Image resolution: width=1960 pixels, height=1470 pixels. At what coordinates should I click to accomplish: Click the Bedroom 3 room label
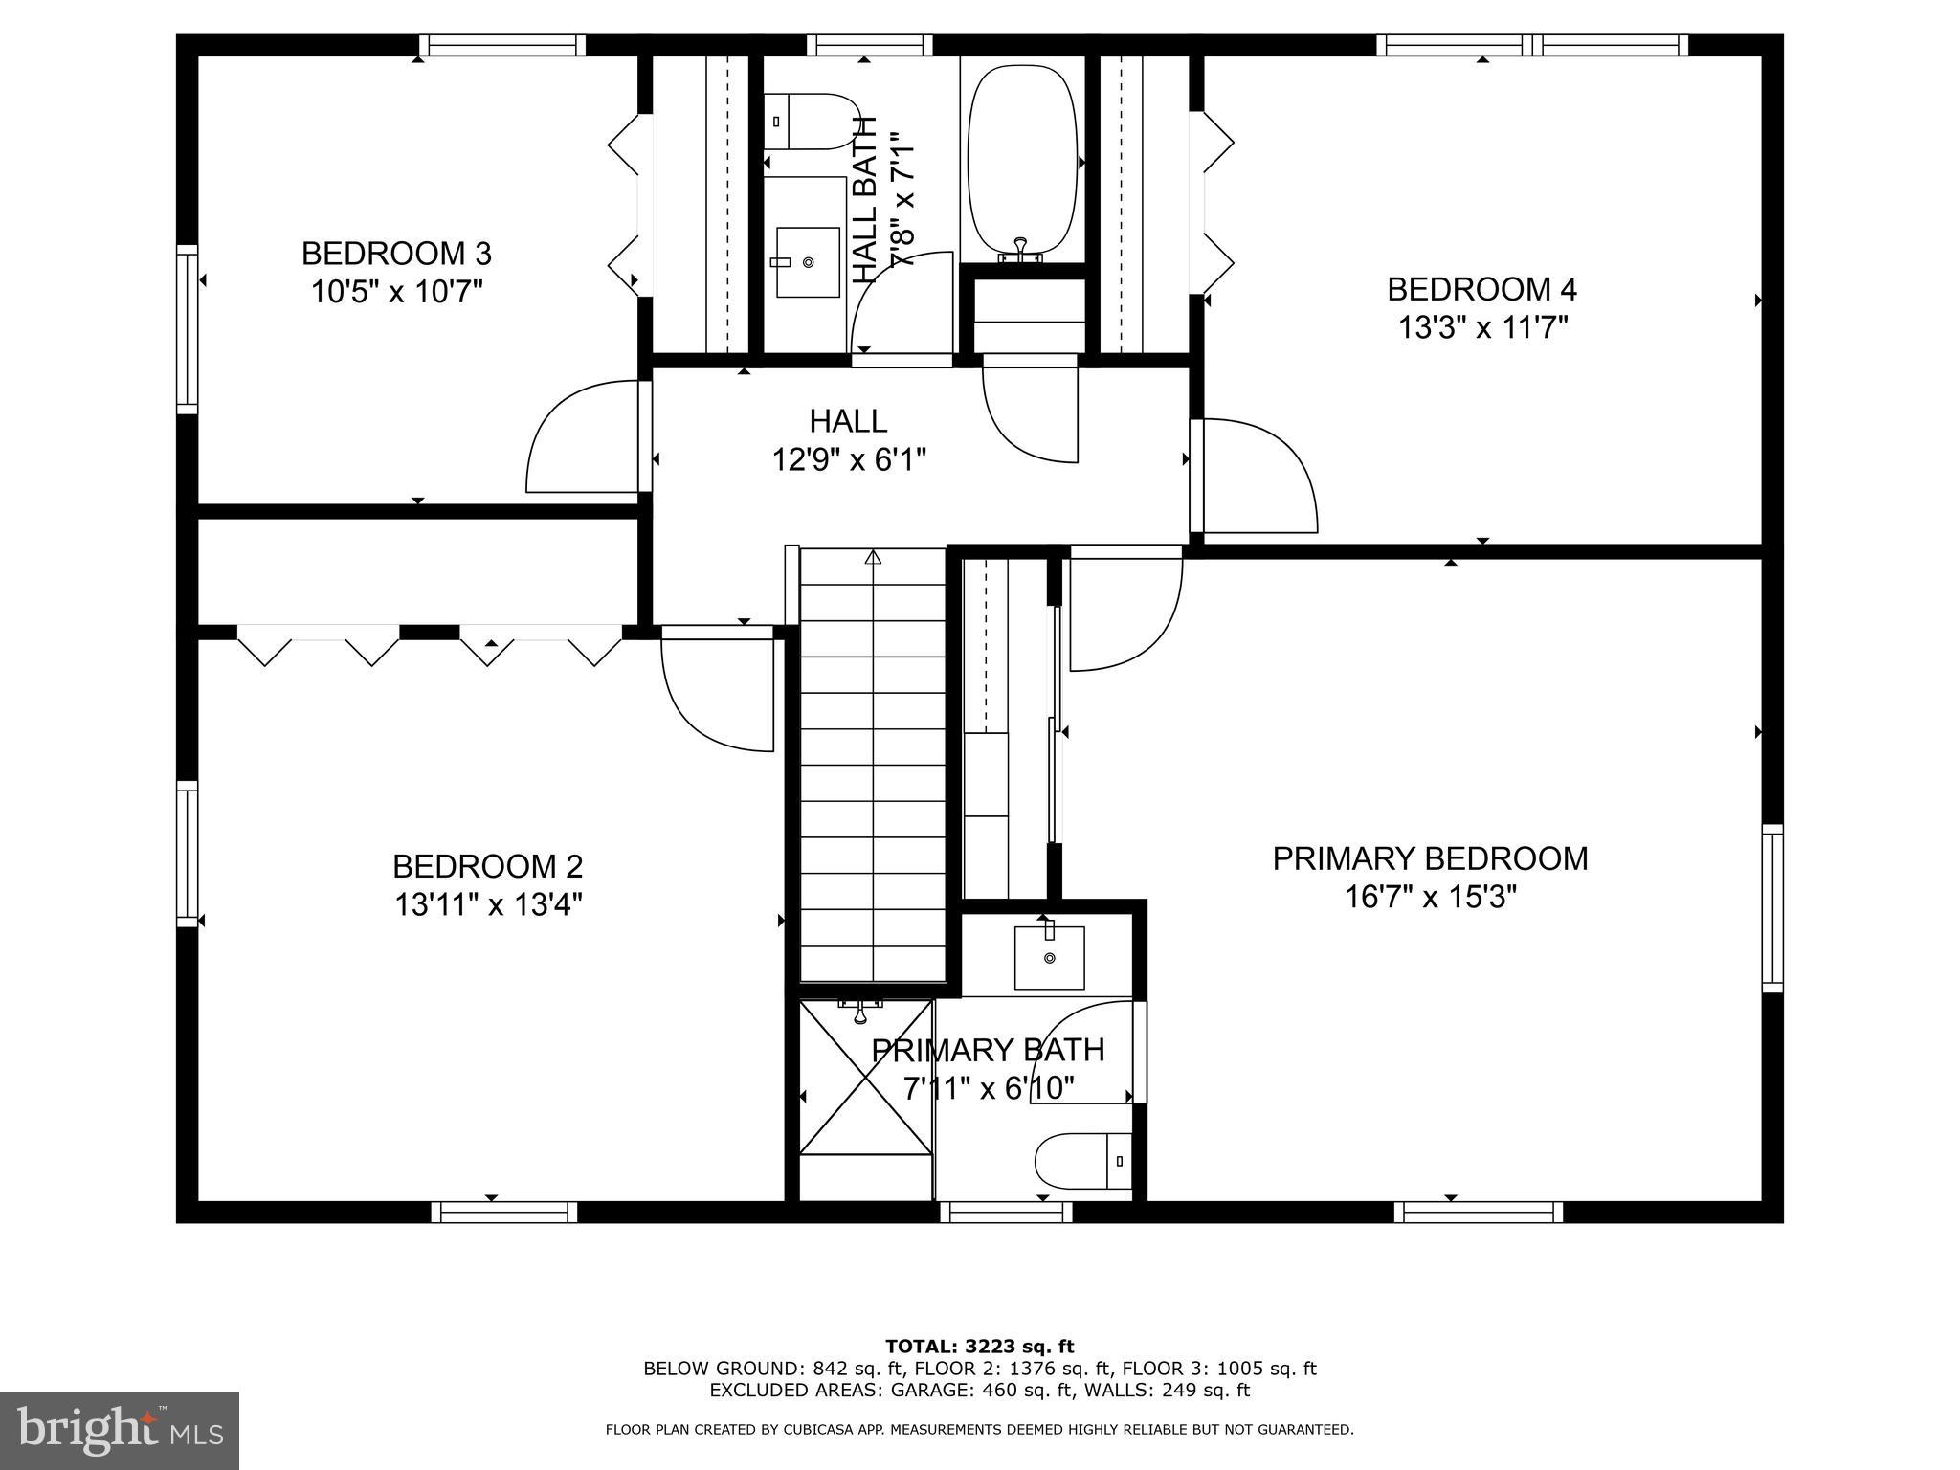[x=396, y=254]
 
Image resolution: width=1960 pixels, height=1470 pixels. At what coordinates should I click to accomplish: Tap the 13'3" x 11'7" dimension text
[x=1482, y=328]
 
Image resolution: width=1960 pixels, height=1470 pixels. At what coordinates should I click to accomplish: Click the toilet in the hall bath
[x=809, y=122]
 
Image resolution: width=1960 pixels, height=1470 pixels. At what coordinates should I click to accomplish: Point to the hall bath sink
[x=807, y=261]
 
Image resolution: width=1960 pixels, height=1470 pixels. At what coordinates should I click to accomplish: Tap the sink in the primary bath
[x=1049, y=957]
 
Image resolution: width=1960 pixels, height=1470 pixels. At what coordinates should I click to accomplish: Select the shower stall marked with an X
[x=865, y=1077]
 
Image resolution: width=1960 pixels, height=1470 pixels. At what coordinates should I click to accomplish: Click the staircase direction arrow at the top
[x=872, y=556]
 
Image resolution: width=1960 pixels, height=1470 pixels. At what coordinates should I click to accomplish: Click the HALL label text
[x=848, y=421]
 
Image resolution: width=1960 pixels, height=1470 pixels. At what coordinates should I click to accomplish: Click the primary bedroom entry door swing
[x=1125, y=612]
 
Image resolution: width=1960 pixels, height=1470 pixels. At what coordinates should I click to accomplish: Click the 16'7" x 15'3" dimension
[x=1431, y=898]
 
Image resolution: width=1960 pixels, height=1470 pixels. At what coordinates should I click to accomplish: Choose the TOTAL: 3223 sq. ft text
[x=979, y=1347]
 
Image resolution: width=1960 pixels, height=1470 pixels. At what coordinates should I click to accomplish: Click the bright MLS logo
[x=119, y=1430]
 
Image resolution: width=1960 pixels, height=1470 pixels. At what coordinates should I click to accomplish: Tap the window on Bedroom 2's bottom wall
[x=504, y=1212]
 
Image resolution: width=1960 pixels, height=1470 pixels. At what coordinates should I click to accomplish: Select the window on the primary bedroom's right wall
[x=1772, y=907]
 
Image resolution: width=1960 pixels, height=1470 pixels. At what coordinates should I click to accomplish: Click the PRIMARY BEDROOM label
[x=1430, y=858]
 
